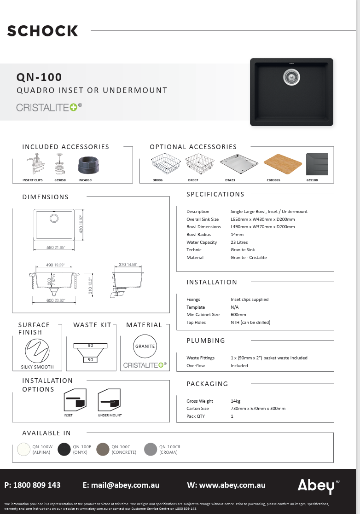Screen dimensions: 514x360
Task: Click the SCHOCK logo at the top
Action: [x=42, y=31]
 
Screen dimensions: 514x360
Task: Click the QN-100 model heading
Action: [x=39, y=77]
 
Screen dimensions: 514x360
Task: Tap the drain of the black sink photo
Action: [x=291, y=76]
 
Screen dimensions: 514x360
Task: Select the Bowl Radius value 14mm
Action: [x=237, y=234]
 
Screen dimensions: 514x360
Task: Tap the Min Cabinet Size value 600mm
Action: [x=238, y=315]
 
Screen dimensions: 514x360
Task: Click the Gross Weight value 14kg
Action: [x=236, y=401]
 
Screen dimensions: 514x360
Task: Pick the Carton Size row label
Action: [x=197, y=409]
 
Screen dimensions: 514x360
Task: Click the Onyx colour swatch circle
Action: [x=64, y=449]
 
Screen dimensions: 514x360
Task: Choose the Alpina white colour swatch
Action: [x=23, y=449]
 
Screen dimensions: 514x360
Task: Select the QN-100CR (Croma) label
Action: [x=170, y=449]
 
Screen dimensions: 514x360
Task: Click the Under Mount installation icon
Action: [x=110, y=400]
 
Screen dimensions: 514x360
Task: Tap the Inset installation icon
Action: [x=75, y=400]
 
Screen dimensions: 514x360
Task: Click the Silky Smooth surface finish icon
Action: [x=37, y=350]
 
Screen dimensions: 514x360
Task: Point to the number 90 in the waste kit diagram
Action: [x=90, y=346]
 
